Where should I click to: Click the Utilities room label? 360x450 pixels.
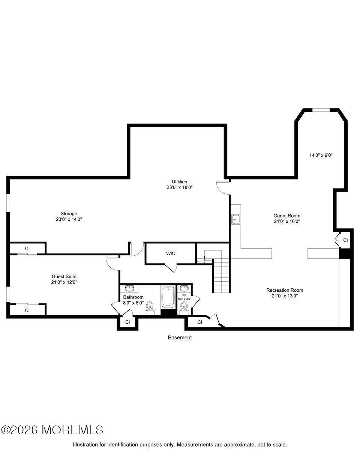180,181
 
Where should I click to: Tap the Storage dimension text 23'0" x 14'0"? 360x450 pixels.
69,219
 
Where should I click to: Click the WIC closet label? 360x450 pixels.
171,253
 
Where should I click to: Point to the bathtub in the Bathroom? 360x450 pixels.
168,297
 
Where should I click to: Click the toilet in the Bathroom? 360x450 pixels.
150,306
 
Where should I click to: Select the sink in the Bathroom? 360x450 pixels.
130,288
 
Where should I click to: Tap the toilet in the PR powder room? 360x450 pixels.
183,307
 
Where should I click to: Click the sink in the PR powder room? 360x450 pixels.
184,288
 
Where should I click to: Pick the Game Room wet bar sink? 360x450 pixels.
236,219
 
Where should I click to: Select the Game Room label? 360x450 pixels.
286,216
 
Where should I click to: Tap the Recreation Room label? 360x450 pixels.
285,290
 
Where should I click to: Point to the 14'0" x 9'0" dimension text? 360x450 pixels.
321,155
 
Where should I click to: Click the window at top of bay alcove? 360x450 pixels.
321,110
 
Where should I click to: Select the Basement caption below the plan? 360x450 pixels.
180,337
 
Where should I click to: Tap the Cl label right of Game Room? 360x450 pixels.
345,240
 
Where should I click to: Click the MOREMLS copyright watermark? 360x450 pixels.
52,429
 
